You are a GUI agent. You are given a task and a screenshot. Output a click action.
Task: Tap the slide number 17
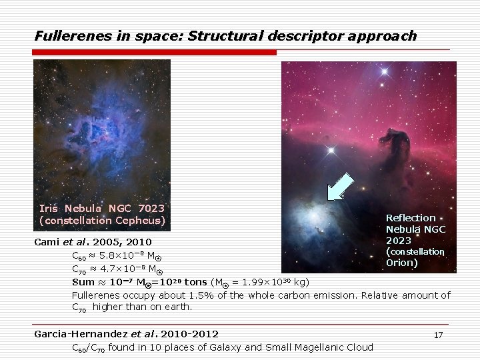(438, 335)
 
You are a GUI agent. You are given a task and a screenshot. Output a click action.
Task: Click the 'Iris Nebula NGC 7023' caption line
(102, 209)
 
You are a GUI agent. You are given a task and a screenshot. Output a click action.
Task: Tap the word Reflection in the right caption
(411, 218)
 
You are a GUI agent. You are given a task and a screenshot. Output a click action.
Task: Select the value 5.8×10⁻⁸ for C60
(122, 255)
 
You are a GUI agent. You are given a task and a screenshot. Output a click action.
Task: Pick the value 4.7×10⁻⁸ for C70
(123, 269)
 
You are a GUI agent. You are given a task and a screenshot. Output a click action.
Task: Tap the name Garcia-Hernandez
(80, 333)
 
